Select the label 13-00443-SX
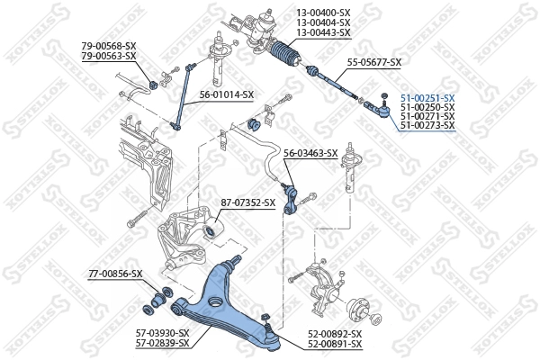323,32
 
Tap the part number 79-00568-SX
108,46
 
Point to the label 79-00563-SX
108,56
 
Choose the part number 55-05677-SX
374,62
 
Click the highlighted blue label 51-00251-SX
427,97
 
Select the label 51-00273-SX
427,125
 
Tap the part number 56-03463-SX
310,153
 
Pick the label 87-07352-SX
247,202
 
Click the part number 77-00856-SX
115,273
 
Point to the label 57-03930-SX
163,334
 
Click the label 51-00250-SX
427,107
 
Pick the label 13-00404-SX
323,22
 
